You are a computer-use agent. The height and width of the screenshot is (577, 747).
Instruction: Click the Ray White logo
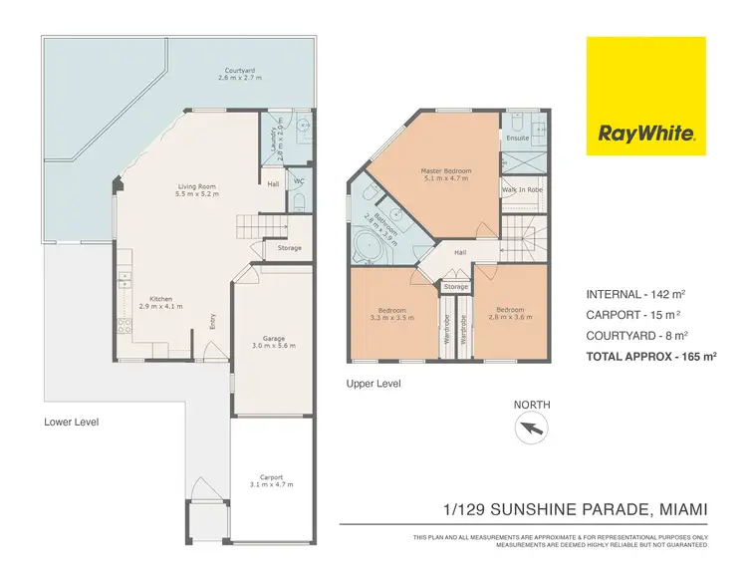645,96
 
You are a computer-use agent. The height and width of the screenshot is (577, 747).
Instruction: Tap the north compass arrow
531,429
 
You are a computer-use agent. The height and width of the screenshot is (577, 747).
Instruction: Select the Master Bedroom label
445,175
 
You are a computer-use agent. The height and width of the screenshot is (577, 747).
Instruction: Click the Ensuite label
518,138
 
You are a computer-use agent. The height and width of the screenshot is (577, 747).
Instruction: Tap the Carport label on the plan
266,481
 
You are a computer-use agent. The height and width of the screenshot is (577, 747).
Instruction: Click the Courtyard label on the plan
236,71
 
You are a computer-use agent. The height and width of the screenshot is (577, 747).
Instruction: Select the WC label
298,181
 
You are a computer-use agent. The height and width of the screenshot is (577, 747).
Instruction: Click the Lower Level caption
72,422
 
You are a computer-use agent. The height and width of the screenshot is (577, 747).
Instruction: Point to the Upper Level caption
373,383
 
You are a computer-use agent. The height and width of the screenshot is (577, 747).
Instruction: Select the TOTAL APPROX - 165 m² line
651,355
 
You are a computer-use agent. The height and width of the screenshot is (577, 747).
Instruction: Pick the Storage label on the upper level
456,287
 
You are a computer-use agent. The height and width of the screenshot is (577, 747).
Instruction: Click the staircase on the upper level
521,237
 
